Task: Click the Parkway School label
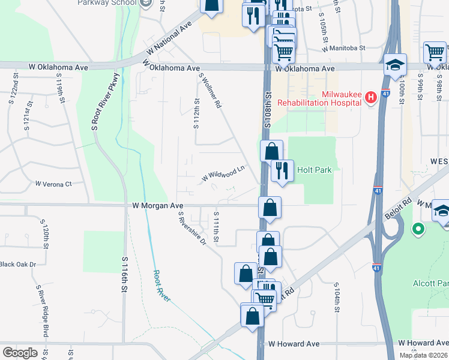(x=107, y=3)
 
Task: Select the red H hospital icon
(x=370, y=97)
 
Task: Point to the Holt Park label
(x=315, y=170)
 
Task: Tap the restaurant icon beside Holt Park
(x=281, y=170)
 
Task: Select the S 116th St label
(x=125, y=275)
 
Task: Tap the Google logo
(x=20, y=352)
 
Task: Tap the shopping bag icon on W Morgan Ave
(x=270, y=208)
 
